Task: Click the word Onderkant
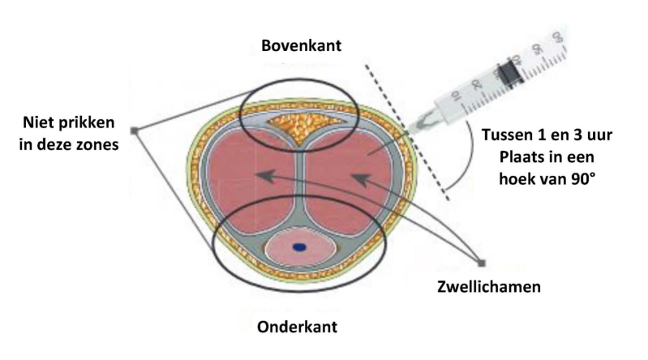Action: (298, 327)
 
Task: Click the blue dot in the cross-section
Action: (299, 247)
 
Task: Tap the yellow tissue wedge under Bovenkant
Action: (301, 127)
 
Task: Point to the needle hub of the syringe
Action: (424, 121)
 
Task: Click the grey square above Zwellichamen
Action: (482, 263)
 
